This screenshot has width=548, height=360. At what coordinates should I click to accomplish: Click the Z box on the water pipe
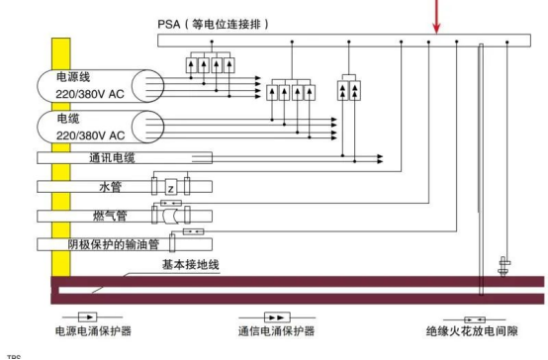(169, 186)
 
